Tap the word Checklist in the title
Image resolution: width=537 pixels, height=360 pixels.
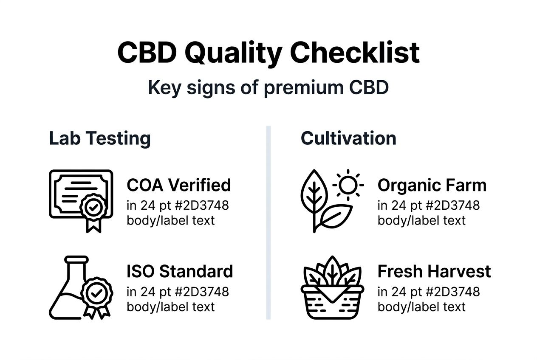click(x=355, y=53)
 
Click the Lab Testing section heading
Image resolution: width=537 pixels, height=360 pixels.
click(x=100, y=138)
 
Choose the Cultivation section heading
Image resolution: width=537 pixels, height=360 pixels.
click(x=348, y=138)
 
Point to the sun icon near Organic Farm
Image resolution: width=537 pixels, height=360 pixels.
click(x=348, y=185)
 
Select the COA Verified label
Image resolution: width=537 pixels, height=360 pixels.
click(x=178, y=185)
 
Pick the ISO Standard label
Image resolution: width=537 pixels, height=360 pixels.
click(x=180, y=271)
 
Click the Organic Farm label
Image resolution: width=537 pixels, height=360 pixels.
click(x=432, y=185)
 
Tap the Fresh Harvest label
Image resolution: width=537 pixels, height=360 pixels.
click(x=434, y=271)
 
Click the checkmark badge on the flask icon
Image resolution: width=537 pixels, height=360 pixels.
click(x=97, y=293)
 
